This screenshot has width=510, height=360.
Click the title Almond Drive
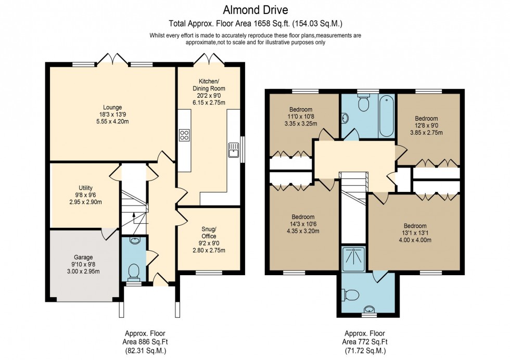(255, 9)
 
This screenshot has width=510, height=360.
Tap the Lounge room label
(112, 108)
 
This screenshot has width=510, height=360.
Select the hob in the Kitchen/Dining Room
(184, 135)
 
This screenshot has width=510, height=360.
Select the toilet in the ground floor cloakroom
(134, 270)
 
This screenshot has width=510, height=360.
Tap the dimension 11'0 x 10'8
(301, 117)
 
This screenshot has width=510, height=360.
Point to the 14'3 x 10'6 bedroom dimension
(302, 224)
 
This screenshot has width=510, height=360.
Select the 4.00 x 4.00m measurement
(414, 240)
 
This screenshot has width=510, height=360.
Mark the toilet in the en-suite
(351, 295)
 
